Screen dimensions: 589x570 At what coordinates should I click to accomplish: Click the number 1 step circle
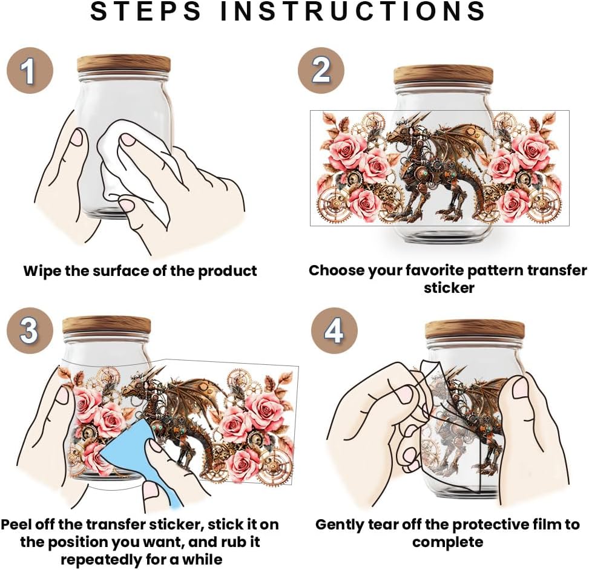[x=30, y=70]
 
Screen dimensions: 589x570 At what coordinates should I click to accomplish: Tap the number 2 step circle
[x=321, y=70]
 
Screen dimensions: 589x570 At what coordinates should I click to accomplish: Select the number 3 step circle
[x=30, y=330]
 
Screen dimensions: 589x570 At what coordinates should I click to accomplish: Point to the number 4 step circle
[x=334, y=330]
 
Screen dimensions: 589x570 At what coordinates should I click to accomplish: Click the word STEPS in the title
[x=146, y=11]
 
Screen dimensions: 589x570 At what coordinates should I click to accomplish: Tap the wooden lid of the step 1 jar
[x=123, y=64]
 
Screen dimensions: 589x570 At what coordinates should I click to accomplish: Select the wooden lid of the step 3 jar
[x=107, y=325]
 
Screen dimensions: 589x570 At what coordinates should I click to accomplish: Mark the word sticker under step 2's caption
[x=449, y=288]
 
